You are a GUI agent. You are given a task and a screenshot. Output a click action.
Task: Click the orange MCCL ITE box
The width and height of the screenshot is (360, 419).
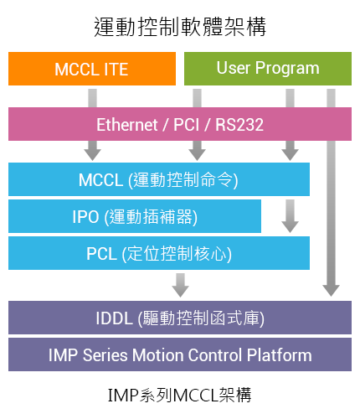point(92,69)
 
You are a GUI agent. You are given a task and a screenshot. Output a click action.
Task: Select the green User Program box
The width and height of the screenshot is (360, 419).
point(268,69)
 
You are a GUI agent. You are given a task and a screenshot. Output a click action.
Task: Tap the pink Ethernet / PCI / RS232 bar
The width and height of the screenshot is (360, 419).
point(180,124)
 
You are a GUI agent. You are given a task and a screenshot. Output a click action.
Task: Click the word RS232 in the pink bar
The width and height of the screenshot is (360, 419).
point(239,125)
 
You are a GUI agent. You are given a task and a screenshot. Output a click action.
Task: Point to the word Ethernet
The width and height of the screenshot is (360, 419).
point(127,125)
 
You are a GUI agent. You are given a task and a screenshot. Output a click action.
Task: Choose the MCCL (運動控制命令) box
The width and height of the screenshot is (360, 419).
point(159,179)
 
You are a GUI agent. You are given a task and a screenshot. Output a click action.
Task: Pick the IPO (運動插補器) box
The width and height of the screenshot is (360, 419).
point(135,216)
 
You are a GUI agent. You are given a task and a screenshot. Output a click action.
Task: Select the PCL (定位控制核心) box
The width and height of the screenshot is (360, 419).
point(159,253)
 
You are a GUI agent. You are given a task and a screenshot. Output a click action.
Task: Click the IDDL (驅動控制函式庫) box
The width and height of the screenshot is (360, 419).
point(180,318)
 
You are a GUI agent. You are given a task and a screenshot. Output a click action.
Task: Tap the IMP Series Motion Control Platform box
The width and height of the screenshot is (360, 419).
point(180,354)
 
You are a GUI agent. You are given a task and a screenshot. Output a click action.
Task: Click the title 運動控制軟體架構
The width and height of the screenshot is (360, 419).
point(180,27)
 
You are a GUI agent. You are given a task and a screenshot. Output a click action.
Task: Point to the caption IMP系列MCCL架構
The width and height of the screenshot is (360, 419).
point(179,395)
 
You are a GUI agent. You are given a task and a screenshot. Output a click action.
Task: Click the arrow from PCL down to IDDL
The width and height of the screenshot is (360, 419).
point(181,285)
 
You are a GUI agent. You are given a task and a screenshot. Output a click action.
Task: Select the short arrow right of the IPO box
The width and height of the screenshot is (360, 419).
point(290,216)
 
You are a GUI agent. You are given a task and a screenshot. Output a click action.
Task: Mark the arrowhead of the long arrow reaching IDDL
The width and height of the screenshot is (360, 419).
point(331,291)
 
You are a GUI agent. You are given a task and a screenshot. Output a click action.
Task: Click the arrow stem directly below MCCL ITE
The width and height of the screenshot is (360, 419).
point(93,98)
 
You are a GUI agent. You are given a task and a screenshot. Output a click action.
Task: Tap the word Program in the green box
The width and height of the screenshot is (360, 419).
point(287,69)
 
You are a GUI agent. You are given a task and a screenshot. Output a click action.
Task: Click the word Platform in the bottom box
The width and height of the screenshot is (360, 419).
point(279,355)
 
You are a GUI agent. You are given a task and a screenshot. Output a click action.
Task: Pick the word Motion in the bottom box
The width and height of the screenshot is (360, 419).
point(157,355)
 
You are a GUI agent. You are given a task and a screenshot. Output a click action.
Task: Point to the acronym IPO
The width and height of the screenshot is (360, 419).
point(85,217)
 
